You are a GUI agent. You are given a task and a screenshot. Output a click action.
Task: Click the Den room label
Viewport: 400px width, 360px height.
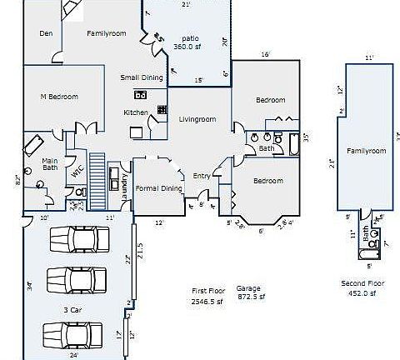coord(47,33)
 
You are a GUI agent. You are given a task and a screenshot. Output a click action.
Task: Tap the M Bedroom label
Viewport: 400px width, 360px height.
coord(59,97)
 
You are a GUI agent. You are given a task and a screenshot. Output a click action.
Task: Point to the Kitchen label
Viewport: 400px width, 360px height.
coord(135,112)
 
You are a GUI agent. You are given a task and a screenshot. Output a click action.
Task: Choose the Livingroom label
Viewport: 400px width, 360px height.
coord(197,119)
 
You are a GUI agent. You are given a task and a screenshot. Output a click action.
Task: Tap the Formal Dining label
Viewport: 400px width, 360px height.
coord(158,188)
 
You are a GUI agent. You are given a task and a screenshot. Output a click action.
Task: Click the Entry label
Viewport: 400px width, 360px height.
coord(202,176)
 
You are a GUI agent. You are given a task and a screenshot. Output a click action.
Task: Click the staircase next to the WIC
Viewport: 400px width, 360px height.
coord(98,181)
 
